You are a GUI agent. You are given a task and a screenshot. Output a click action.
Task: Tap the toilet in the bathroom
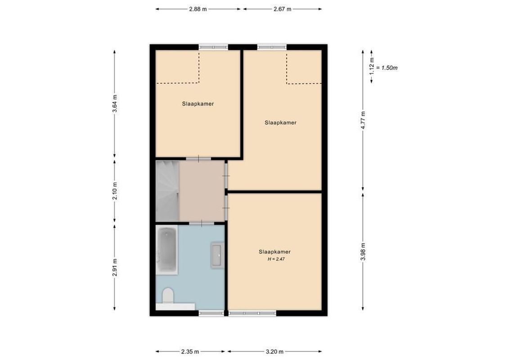tap(167, 295)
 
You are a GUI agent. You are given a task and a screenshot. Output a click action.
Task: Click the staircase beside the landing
tap(167, 191)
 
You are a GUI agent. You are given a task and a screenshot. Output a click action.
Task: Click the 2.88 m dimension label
tap(198, 9)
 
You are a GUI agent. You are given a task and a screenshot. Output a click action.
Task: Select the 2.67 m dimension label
tap(282, 9)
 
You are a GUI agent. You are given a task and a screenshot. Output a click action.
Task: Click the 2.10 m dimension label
tap(115, 191)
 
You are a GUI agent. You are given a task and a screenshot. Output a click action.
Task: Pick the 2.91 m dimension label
tap(115, 266)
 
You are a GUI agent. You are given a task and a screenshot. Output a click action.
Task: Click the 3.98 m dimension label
tap(363, 251)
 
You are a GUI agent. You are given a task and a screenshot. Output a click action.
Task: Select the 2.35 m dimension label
tap(190, 352)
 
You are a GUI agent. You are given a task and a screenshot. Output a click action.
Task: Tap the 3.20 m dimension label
tap(275, 352)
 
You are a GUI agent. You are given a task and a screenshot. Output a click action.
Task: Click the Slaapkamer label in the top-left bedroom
tap(198, 103)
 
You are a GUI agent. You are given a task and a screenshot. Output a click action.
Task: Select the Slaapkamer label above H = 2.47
tap(275, 252)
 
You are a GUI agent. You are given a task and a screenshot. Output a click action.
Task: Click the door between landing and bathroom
tap(201, 222)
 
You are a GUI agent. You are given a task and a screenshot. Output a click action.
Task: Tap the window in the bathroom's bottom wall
tap(211, 313)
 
